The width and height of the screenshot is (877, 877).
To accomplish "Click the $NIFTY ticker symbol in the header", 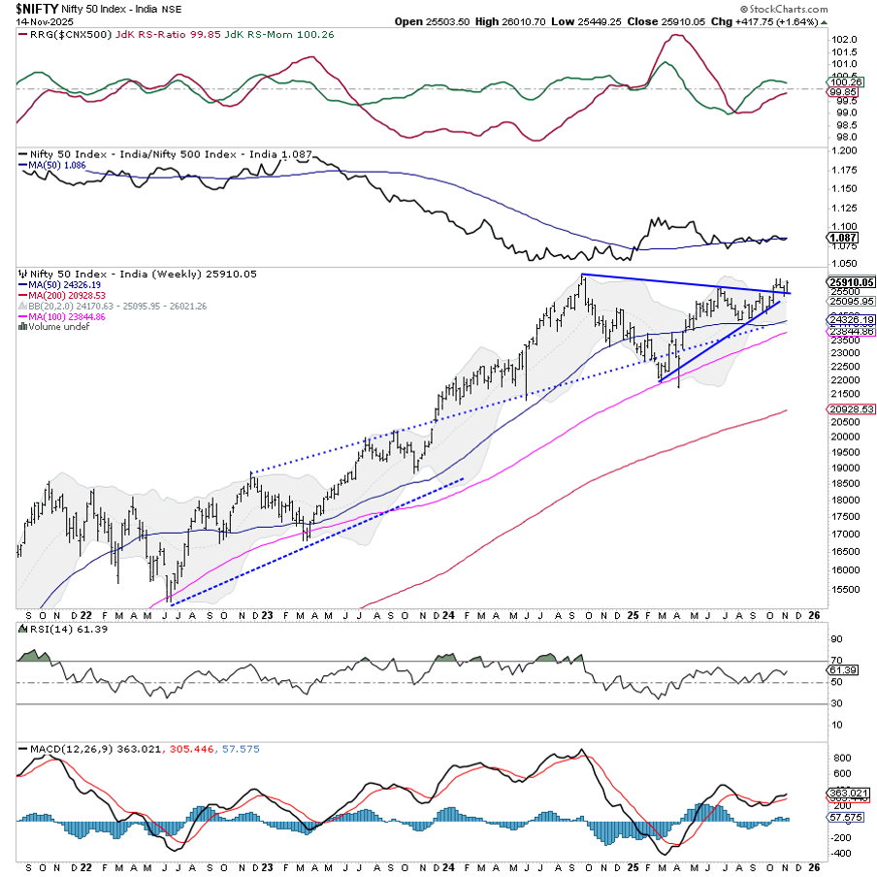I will pyautogui.click(x=35, y=8).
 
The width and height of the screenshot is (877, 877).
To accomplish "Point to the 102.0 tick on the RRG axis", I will pyautogui.click(x=845, y=40).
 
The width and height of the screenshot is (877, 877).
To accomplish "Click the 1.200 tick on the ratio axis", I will pyautogui.click(x=845, y=151).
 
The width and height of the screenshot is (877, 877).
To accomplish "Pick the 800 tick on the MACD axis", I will pyautogui.click(x=841, y=757).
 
